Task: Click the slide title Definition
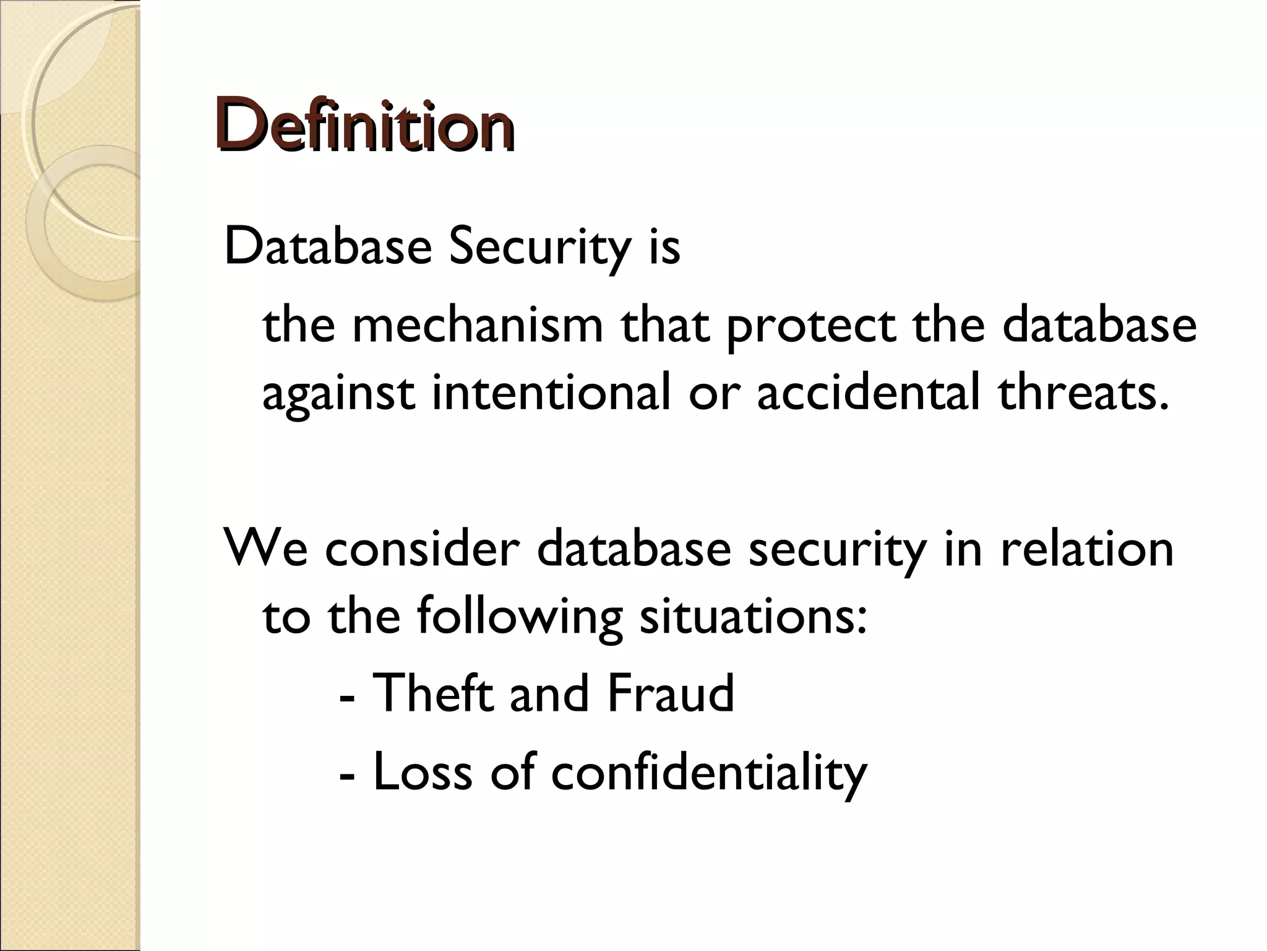pyautogui.click(x=365, y=124)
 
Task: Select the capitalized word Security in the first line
pyautogui.click(x=538, y=247)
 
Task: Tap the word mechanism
pyautogui.click(x=477, y=326)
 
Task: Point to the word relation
pyautogui.click(x=1086, y=548)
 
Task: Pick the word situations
pyautogui.click(x=752, y=617)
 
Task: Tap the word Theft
pyautogui.click(x=434, y=693)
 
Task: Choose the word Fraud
pyautogui.click(x=671, y=693)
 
